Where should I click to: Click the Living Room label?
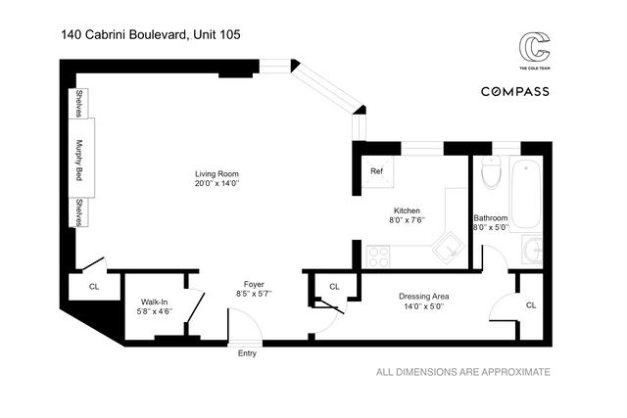(217, 173)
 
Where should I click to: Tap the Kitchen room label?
(407, 210)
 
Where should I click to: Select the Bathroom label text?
(491, 217)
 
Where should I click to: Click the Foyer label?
(254, 284)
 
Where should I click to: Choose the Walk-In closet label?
(156, 302)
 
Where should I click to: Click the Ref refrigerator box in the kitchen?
(376, 171)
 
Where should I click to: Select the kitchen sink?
(450, 249)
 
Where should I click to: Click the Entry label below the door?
(247, 353)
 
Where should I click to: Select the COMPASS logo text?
(514, 91)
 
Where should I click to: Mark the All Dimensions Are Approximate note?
(464, 372)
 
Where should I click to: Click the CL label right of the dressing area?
(530, 305)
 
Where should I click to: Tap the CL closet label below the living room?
(94, 287)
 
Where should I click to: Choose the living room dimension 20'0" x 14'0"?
(217, 184)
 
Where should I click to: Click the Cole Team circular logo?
(533, 49)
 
